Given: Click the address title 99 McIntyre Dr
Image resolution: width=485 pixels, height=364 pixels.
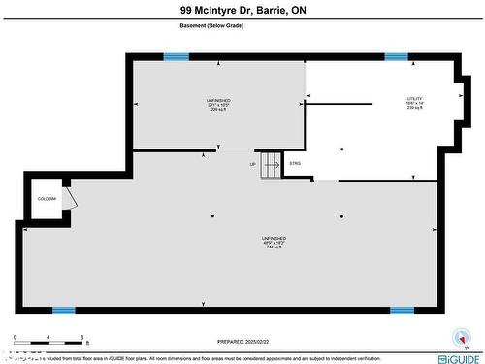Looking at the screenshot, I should pos(242,11).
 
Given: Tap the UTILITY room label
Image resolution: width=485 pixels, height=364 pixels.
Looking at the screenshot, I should pos(414,99).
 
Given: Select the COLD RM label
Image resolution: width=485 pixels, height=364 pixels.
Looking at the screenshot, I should pos(45,198).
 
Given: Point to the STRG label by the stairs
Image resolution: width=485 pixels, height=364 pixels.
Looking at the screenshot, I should pos(295,163).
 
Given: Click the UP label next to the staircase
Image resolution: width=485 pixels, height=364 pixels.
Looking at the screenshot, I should pos(253,164).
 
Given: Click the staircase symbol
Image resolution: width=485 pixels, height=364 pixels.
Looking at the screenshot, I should pos(271,164).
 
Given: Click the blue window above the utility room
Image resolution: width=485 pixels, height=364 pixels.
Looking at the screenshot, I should pos(396,57).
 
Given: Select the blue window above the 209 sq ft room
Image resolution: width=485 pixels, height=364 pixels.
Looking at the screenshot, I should pos(176,57).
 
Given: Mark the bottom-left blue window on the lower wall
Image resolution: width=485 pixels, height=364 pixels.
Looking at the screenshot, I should pos(63,311).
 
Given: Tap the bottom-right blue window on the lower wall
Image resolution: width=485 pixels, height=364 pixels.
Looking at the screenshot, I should pos(402,311).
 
